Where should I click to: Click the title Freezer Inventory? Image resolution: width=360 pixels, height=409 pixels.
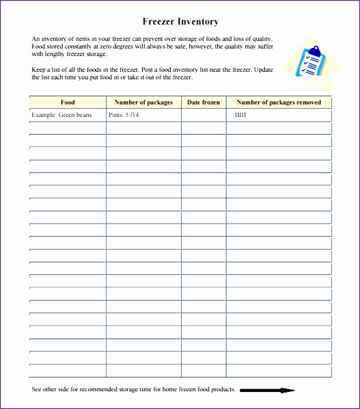(180, 22)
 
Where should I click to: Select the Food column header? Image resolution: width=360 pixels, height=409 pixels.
(68, 103)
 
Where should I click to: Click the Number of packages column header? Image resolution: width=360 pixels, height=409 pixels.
(143, 103)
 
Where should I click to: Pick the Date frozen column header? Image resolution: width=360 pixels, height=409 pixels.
(204, 103)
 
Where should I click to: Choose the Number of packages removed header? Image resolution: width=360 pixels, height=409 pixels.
(279, 103)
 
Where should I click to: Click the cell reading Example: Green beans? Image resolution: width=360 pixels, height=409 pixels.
(61, 115)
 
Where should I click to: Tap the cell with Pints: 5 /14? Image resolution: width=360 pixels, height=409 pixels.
(124, 115)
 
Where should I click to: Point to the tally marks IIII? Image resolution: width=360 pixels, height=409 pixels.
(240, 115)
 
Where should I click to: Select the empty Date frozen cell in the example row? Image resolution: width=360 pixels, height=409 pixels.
(204, 115)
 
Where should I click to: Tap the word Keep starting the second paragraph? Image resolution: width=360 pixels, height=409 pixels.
(38, 70)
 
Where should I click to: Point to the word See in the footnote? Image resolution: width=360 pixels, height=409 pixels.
(37, 390)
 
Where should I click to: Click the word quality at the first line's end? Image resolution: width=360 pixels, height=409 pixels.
(261, 39)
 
